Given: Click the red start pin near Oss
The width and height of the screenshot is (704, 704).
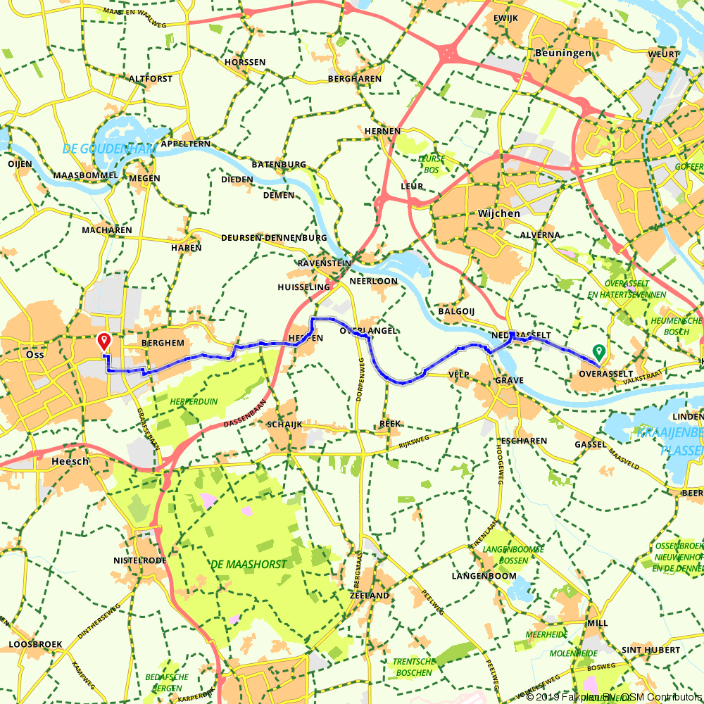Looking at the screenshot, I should pyautogui.click(x=104, y=341).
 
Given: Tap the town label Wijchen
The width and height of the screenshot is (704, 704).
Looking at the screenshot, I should pyautogui.click(x=498, y=213).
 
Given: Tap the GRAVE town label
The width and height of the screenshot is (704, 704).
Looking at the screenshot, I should pyautogui.click(x=509, y=380).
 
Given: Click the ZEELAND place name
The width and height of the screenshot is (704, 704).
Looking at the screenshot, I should pyautogui.click(x=369, y=596).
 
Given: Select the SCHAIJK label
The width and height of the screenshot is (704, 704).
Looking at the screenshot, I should pyautogui.click(x=284, y=425).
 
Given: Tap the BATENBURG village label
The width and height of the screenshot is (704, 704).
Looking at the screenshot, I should pyautogui.click(x=279, y=165).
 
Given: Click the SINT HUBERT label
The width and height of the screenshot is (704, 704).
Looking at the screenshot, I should pyautogui.click(x=651, y=649).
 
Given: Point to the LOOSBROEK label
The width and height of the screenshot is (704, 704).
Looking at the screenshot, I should pyautogui.click(x=35, y=644).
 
